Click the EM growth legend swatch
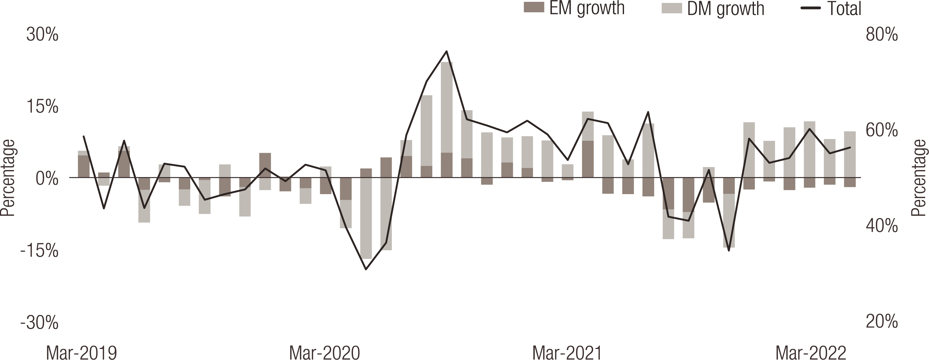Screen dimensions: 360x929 (534, 8)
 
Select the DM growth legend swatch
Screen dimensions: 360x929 (671, 8)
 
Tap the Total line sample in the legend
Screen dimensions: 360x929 (810, 8)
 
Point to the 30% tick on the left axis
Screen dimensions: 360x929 (42, 36)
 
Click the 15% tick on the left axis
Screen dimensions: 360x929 (42, 107)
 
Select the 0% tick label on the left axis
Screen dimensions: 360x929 (47, 179)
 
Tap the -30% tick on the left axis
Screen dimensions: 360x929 (39, 323)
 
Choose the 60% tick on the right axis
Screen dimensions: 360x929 (882, 131)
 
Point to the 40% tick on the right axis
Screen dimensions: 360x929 (882, 226)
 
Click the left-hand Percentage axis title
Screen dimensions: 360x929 (7, 178)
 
